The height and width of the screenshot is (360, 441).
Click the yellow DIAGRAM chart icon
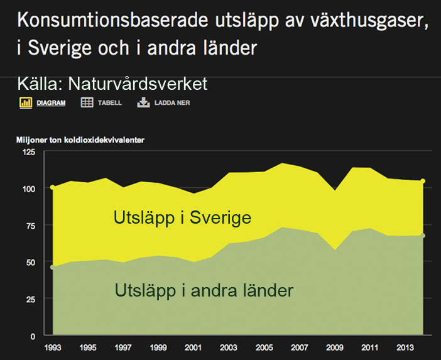click(26, 102)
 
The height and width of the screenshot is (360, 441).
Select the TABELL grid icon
click(87, 102)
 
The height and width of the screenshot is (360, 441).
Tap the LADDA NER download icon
click(143, 102)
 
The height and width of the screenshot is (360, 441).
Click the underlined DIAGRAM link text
click(51, 103)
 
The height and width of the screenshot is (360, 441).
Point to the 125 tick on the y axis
click(29, 152)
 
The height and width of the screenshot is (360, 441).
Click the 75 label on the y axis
click(31, 226)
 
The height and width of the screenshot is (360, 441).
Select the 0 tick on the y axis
click(33, 336)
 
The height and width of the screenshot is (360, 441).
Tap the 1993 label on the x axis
click(53, 347)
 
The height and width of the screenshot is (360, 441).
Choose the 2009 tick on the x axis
click(335, 347)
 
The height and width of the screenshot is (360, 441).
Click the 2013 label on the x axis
click(405, 347)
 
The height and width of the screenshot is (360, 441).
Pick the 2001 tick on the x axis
click(193, 347)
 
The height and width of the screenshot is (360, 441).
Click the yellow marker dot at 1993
click(53, 187)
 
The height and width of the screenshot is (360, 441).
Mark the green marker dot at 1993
click(53, 267)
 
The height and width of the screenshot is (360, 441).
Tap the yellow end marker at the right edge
click(423, 181)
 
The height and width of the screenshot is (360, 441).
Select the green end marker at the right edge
click(423, 236)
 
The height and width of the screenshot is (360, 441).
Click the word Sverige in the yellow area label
click(220, 218)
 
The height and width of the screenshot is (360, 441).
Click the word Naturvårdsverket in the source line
click(138, 84)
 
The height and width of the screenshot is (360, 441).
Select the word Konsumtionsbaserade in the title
click(112, 20)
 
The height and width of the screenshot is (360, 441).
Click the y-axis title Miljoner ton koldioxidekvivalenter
click(80, 140)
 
